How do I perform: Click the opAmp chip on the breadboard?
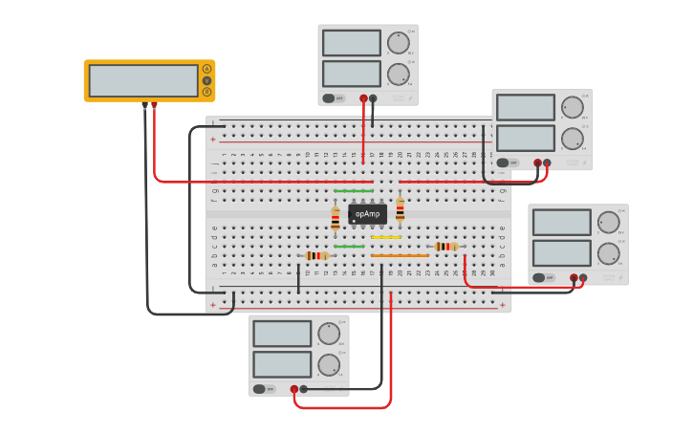coord(367,214)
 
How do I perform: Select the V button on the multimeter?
coord(206,80)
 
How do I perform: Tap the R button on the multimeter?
coord(206,92)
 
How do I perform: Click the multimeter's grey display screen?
coord(143,80)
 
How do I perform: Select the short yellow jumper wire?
coord(385,237)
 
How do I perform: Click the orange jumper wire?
coord(400,255)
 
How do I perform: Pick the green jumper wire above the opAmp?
coord(354,191)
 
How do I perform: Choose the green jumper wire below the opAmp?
coord(349,247)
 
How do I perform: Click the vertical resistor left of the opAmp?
coord(335,219)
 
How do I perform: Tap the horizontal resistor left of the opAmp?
coord(316,255)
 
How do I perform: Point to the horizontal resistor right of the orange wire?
coord(445,247)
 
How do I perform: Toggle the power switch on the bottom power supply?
coord(259,389)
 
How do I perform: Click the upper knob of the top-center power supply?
coord(398,43)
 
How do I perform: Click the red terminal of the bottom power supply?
coord(294,389)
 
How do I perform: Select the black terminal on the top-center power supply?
coord(373,98)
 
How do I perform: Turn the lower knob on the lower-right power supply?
coord(608,253)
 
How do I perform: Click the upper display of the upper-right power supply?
coord(525,107)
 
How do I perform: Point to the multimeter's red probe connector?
coord(154,105)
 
